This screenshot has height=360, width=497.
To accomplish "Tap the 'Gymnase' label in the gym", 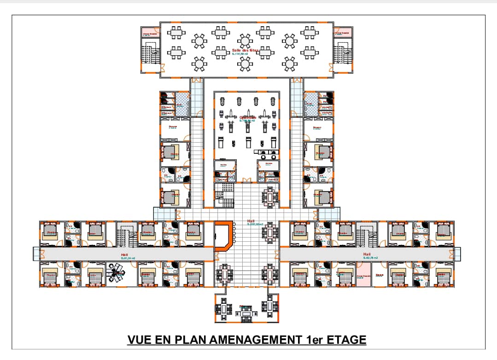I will pyautogui.click(x=247, y=117).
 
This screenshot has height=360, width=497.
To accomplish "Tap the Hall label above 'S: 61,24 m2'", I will pyautogui.click(x=124, y=254).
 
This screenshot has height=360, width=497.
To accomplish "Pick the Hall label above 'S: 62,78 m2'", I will pyautogui.click(x=367, y=254).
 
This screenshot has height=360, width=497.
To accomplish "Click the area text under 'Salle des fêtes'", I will pyautogui.click(x=240, y=54).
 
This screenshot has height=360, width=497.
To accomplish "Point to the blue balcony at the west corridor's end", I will pyautogui.click(x=36, y=254).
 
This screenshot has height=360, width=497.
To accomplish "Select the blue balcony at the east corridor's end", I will pyautogui.click(x=457, y=254).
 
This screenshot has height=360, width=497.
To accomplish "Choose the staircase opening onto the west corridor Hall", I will pyautogui.click(x=124, y=235).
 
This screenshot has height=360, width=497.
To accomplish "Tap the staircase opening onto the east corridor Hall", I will pyautogui.click(x=367, y=235).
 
